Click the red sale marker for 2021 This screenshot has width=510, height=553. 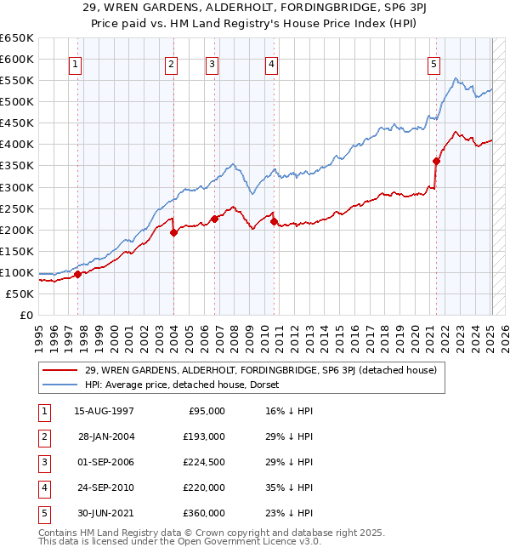(436, 160)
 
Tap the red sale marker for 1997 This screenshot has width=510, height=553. (77, 274)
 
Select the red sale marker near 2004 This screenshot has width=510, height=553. (173, 232)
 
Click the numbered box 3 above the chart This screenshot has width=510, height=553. (212, 63)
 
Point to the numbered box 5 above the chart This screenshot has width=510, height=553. (434, 63)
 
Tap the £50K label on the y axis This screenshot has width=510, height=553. (20, 294)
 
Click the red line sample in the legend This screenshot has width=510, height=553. (59, 370)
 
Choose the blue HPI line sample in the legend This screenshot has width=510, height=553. (59, 385)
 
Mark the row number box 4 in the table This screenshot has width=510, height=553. (42, 487)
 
